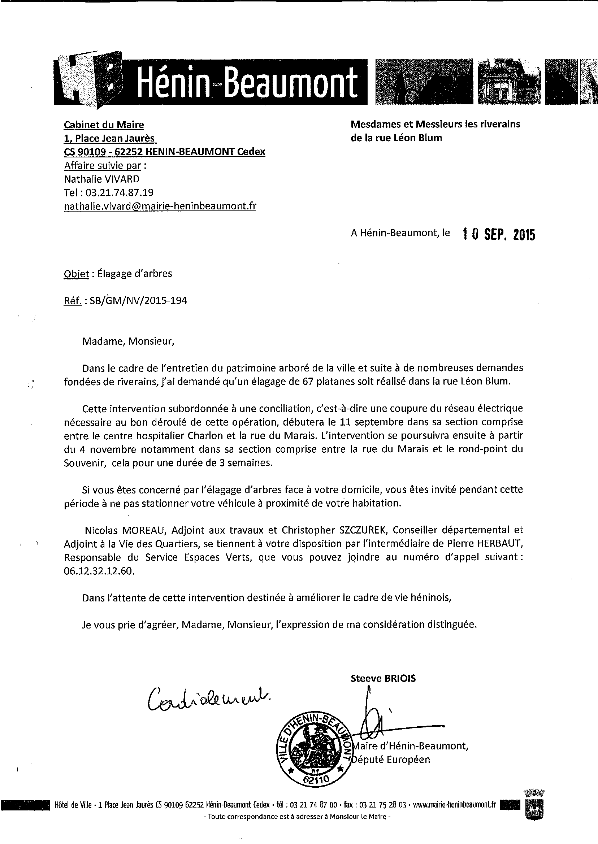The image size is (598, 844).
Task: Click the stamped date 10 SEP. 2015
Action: [x=498, y=234]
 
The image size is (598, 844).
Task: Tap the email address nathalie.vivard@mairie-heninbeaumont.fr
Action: [x=160, y=206]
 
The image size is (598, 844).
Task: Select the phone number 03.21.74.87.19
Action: [x=119, y=192]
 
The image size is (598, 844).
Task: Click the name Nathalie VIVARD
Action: [x=102, y=179]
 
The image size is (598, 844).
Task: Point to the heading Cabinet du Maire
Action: [x=104, y=125]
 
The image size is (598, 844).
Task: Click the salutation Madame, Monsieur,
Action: [x=128, y=341]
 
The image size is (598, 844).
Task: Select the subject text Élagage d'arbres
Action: [x=135, y=274]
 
